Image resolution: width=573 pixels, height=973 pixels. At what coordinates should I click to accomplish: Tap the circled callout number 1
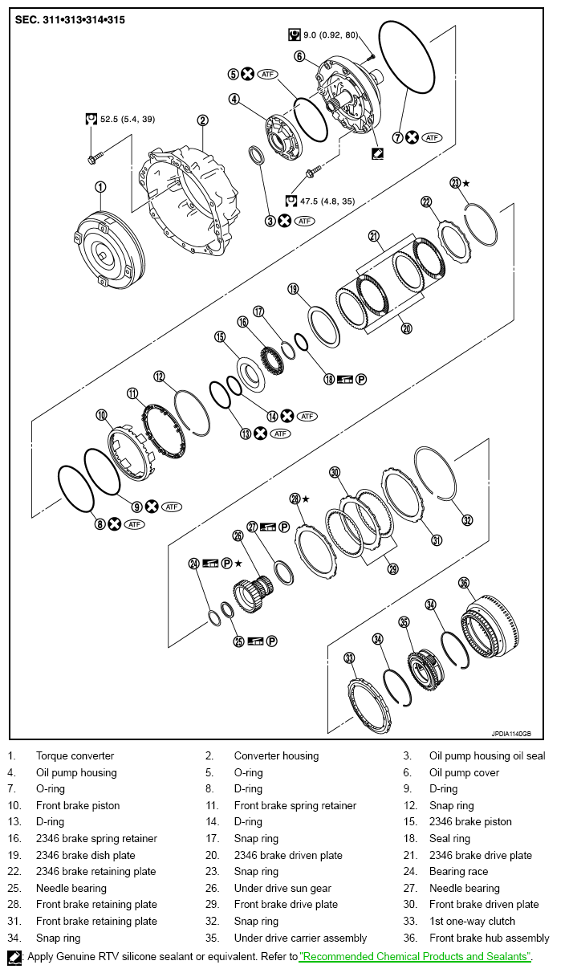100,187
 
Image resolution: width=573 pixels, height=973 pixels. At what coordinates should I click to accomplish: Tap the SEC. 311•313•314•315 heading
70,18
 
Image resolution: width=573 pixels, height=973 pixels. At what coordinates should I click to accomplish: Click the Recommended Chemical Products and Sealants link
415,957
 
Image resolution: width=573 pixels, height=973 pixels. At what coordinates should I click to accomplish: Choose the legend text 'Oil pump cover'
464,772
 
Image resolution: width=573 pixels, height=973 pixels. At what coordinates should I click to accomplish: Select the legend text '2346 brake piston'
470,822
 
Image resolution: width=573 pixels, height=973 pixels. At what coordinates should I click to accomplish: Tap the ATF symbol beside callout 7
433,137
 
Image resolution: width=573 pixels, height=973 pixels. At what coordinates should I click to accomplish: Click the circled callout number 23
456,183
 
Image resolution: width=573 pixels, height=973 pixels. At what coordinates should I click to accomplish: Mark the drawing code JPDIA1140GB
511,733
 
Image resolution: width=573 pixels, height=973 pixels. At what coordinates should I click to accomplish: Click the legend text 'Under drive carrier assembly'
300,938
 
